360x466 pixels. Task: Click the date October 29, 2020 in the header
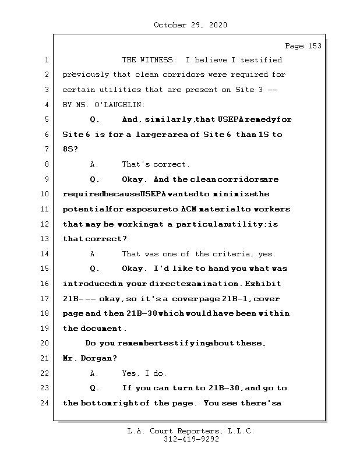[x=190, y=25]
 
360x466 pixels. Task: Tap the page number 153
[x=312, y=46]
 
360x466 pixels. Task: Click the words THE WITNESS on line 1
[x=149, y=60]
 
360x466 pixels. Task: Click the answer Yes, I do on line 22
[x=144, y=373]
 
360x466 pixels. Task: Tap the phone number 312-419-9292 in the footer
[x=191, y=439]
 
